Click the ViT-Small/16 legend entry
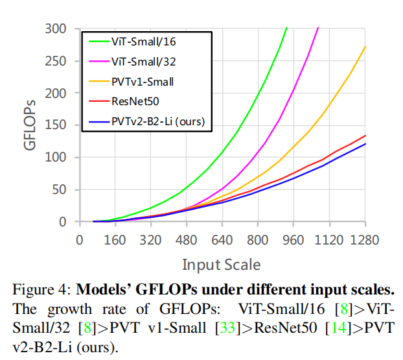143,42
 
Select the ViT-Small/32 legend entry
143,62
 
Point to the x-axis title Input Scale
222,264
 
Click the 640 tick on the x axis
222,239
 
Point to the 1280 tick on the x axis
364,239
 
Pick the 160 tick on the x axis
115,239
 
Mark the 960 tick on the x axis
293,239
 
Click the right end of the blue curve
365,144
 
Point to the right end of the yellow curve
365,47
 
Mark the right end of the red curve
365,136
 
